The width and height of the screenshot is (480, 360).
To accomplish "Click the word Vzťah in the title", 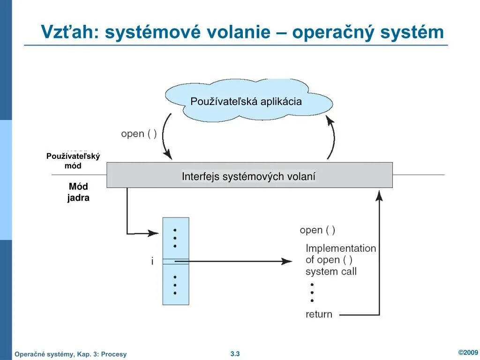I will (x=68, y=32).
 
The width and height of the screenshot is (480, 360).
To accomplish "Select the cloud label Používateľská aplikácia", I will (x=246, y=101).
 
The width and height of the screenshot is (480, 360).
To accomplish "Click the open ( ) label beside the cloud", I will (x=139, y=134).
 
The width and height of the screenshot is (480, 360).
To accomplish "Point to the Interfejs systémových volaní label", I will (x=249, y=177).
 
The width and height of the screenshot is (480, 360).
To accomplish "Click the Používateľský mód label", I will (x=73, y=161).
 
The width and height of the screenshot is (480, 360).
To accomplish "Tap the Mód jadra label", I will (x=78, y=192).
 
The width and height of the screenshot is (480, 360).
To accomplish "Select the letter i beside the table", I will (x=152, y=262).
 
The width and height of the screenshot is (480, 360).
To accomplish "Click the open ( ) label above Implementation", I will (x=317, y=230).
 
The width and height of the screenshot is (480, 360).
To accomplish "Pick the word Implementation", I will (x=341, y=248).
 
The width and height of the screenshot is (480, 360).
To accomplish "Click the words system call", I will (x=331, y=271).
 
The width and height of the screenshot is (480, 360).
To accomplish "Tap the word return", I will (x=319, y=314).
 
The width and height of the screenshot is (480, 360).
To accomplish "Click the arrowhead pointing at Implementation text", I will (x=287, y=261).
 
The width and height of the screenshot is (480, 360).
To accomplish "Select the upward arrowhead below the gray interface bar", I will (x=379, y=195).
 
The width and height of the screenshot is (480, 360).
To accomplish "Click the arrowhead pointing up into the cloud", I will (x=330, y=122).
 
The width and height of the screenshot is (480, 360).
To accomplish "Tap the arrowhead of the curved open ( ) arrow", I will (x=167, y=154).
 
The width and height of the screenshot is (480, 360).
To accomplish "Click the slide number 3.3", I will (x=235, y=354).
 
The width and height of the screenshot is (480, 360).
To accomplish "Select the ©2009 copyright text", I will (x=467, y=352).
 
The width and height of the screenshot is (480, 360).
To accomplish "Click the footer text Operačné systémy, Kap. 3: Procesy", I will (x=71, y=354).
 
